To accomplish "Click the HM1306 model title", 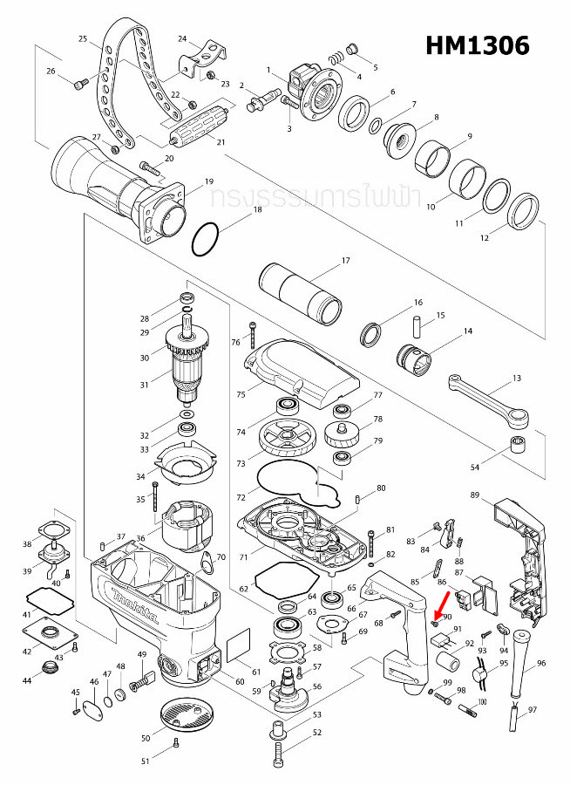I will [477, 45].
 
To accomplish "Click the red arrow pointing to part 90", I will [442, 603].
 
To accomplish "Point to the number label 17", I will [345, 261].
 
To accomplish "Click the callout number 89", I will [475, 495].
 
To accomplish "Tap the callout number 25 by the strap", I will [83, 39].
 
